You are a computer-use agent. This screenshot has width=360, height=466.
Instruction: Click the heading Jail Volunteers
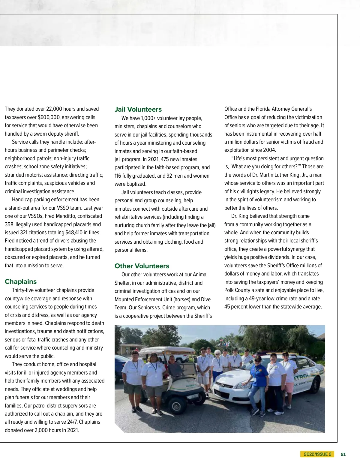138,110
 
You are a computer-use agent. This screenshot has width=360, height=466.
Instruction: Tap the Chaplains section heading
21,282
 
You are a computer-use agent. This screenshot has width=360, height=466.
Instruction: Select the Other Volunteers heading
142,266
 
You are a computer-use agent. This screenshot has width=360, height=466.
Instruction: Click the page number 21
343,454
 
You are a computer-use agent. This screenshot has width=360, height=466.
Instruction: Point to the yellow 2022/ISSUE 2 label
317,454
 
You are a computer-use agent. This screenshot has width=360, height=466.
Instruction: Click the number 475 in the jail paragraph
165,159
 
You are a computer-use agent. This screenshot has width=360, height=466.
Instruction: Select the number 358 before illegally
9,224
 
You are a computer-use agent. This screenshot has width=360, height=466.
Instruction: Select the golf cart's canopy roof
167,350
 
